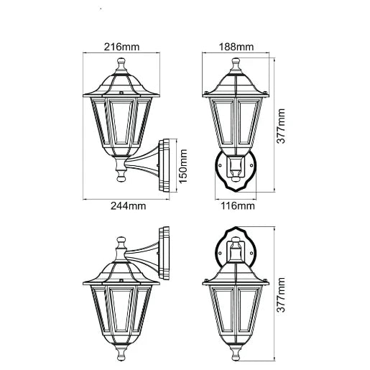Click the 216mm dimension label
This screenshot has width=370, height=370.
click(121, 47)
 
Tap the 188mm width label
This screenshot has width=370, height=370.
click(236, 47)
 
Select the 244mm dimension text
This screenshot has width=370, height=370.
click(129, 206)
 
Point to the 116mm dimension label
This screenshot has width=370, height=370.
click(236, 206)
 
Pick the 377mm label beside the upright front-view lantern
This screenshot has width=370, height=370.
click(281, 127)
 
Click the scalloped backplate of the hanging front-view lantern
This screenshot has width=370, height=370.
click(236, 249)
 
